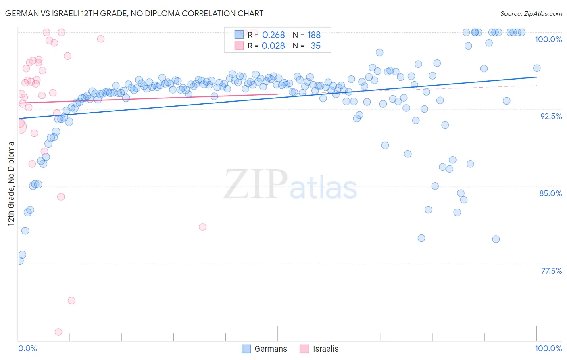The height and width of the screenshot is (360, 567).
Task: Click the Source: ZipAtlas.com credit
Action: (531, 14)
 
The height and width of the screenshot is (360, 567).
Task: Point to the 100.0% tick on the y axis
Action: (548, 39)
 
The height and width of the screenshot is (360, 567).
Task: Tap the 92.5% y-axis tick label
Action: (551, 116)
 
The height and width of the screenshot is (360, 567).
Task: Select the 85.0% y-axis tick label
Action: (550, 193)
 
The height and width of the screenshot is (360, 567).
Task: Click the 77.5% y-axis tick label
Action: (551, 271)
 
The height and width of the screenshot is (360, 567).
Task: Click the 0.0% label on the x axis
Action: (28, 348)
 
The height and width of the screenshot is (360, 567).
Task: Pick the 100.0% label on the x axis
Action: (548, 348)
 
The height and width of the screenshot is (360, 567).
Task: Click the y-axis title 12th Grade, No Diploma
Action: (11, 184)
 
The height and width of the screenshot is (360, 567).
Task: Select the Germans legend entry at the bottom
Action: (265, 349)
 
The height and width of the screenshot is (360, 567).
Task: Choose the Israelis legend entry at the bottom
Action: (319, 349)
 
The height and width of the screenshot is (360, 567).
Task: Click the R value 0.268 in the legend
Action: (273, 35)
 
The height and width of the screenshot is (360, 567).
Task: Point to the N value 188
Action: (314, 35)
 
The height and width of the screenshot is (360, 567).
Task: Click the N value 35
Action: (315, 46)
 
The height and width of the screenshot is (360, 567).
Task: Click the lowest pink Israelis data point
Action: (58, 332)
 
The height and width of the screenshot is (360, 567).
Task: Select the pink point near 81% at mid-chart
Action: (202, 227)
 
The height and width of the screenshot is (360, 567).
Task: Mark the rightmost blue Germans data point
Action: (537, 68)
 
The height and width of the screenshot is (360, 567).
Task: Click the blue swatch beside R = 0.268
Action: (239, 35)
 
